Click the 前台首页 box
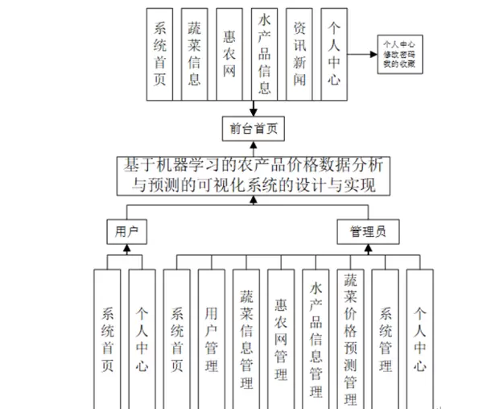point(253,128)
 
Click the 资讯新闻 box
point(300,55)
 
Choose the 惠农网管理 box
point(280,334)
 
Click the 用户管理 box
point(212,334)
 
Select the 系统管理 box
point(386,334)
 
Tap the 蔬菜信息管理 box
point(246,334)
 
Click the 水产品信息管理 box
point(316,334)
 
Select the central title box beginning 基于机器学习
point(253,174)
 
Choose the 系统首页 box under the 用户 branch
point(108,334)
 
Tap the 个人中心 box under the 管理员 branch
point(420,334)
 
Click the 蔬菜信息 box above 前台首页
point(194,55)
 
